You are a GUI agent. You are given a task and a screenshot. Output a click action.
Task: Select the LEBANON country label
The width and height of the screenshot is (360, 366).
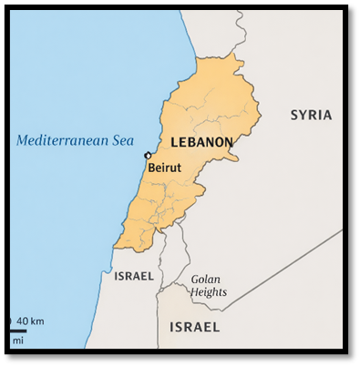point(201,142)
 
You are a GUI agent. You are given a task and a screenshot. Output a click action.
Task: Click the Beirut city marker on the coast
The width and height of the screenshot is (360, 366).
point(148,156)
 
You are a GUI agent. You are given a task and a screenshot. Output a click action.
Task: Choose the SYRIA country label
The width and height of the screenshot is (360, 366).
point(311,115)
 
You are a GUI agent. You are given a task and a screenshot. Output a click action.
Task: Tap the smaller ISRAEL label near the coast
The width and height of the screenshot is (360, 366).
point(134,275)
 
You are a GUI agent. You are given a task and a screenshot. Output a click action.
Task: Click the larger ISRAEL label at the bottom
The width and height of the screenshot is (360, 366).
point(194,326)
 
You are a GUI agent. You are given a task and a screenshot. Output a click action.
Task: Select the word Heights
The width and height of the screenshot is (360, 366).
point(209,292)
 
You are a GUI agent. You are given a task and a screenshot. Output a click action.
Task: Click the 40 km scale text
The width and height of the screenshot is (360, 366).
point(30,321)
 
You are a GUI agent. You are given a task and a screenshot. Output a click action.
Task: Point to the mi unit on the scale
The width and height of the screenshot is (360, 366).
point(17,340)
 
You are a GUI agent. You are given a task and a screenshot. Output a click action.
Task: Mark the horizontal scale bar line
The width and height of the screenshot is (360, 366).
point(18,330)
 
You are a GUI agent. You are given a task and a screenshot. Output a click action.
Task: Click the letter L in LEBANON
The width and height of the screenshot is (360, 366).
point(174,142)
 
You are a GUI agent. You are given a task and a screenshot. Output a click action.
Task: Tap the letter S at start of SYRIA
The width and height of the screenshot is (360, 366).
point(294,115)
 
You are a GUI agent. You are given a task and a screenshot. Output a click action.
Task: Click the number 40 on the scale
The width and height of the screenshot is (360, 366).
point(23,321)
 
